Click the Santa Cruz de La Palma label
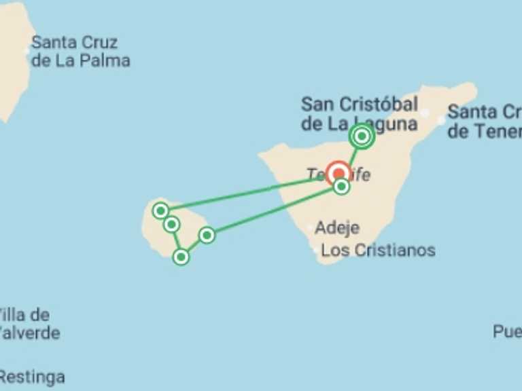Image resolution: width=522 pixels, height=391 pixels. point(80,52)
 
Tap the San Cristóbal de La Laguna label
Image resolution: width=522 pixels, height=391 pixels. point(359,114)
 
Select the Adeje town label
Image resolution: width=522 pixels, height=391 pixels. point(337,228)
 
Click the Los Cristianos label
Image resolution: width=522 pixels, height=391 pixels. point(378,250)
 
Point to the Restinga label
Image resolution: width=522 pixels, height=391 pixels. point(33,377)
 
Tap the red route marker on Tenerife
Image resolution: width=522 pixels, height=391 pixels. point(338,173)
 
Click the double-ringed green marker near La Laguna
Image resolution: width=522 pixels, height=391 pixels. point(362,136)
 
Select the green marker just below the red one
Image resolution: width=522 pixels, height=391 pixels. point(341,187)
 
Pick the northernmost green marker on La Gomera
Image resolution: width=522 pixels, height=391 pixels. point(160,210)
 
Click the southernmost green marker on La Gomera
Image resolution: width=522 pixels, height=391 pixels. point(181,257)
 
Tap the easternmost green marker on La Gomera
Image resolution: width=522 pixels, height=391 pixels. point(207,235)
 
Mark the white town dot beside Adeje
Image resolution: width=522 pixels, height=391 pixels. point(311,228)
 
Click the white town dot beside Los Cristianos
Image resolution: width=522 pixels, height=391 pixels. point(315,250)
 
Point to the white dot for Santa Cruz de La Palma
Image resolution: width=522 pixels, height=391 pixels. point(27,50)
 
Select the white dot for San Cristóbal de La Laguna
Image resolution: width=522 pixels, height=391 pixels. point(425,113)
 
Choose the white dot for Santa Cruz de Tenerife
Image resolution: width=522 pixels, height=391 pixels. point(441,120)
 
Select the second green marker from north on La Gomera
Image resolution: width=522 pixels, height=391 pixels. point(171,224)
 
